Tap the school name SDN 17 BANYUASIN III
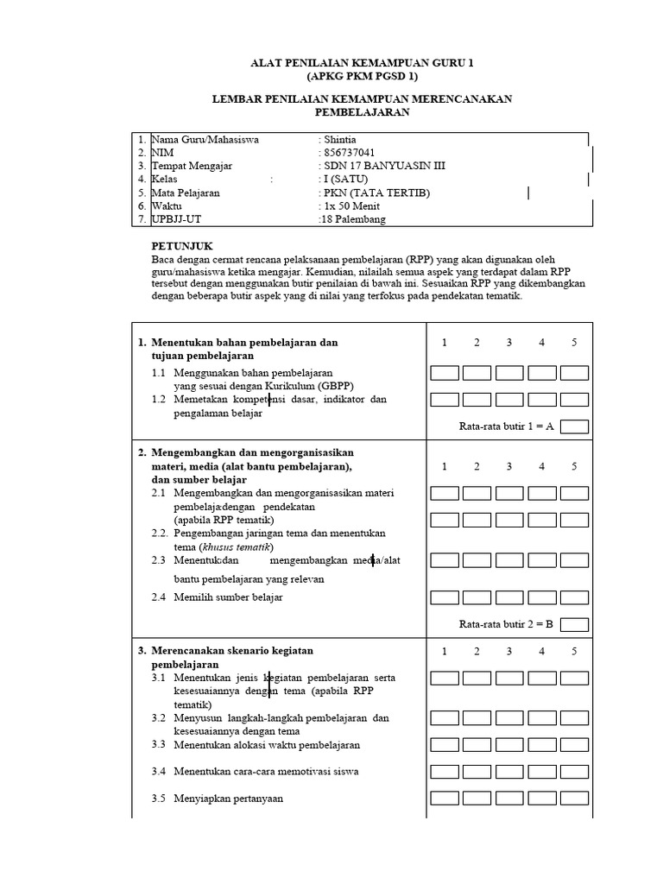[384, 166]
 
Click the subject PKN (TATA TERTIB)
[376, 193]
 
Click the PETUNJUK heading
[182, 246]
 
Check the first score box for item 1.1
[445, 373]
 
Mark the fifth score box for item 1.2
[574, 400]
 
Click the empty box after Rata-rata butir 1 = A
[574, 426]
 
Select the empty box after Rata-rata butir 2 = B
[574, 624]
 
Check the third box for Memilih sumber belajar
[509, 597]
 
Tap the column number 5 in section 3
[574, 651]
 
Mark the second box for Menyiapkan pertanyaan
[477, 799]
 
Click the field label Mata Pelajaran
[185, 193]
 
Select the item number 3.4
[158, 771]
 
